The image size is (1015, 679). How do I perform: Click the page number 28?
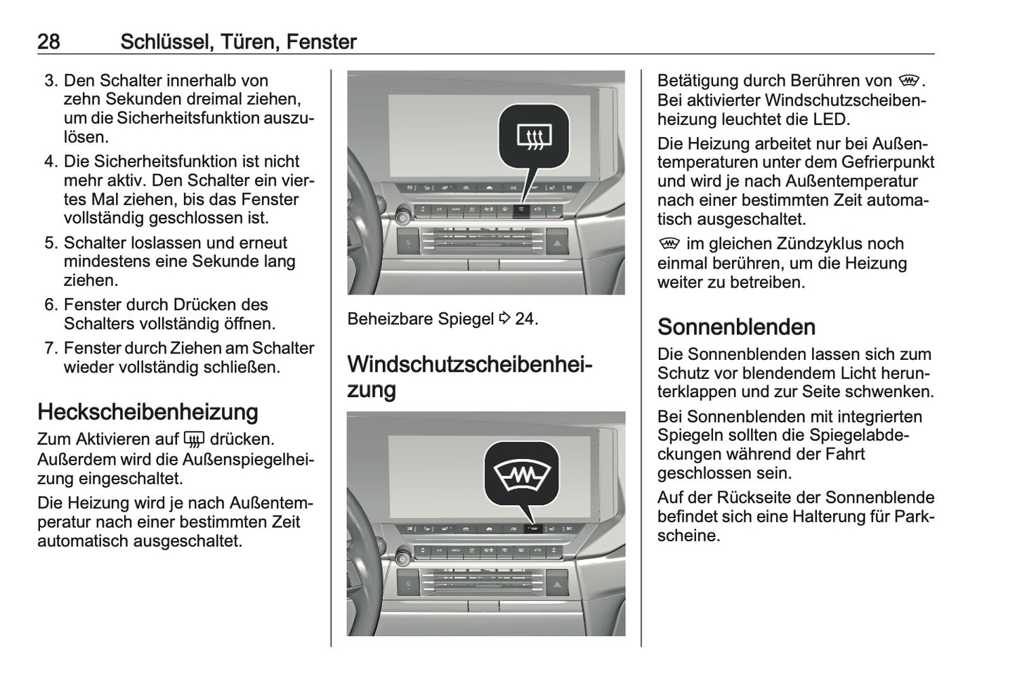tap(48, 41)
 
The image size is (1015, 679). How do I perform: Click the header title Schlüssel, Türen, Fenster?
tap(238, 41)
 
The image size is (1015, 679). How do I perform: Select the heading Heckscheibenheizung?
tap(148, 412)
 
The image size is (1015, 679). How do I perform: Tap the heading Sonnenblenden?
tap(736, 327)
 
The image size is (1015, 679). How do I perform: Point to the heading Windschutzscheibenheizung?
tap(469, 377)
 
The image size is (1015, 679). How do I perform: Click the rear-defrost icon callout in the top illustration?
tap(533, 135)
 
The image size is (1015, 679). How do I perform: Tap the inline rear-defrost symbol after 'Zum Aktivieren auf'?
tap(194, 440)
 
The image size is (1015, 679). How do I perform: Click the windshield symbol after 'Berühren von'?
tap(908, 82)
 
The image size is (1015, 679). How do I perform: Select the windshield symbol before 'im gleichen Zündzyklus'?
tap(669, 244)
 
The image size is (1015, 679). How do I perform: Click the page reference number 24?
tap(525, 319)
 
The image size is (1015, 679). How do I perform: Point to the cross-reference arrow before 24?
tap(504, 318)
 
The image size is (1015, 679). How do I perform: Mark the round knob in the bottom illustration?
tap(403, 559)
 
